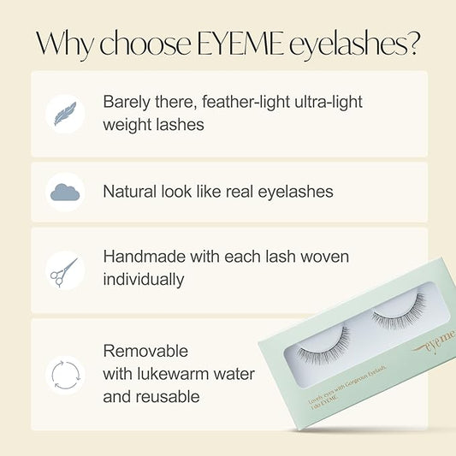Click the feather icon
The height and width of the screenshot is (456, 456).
(x=65, y=114)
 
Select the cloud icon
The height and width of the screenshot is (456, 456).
(x=65, y=192)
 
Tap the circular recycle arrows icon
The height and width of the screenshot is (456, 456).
(x=65, y=374)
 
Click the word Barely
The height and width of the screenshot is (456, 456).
(x=128, y=102)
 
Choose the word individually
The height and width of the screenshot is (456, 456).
(x=142, y=280)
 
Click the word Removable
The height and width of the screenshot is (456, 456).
(x=145, y=351)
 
